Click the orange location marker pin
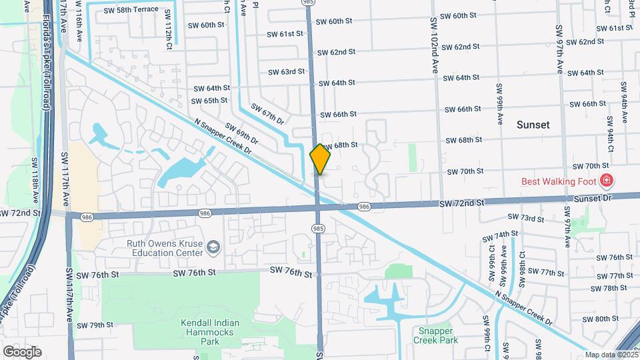(320, 159)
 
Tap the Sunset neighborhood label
(533, 125)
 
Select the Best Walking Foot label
(560, 181)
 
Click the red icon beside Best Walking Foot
(606, 181)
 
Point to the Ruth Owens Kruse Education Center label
(165, 249)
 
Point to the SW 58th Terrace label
(131, 9)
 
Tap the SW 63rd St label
(286, 71)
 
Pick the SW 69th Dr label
(241, 135)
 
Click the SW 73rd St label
(521, 217)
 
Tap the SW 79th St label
(95, 325)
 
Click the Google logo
(22, 351)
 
